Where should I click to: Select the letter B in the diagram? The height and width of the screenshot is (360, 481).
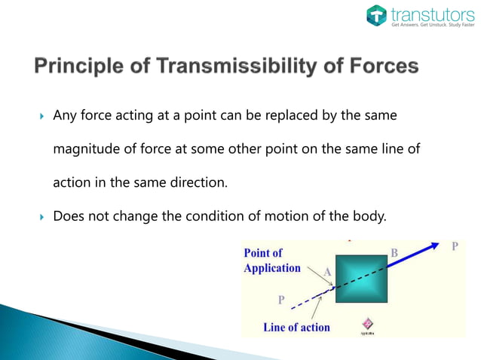click(x=394, y=254)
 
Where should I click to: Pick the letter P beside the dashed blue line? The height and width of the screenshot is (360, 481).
click(x=281, y=299)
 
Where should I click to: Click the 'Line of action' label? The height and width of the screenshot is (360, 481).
click(x=296, y=327)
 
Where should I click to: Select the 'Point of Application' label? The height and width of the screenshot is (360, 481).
click(x=272, y=261)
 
